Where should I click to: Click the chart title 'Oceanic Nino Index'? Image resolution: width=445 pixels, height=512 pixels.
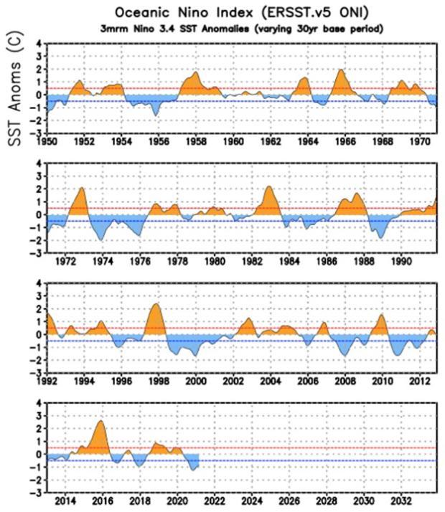click(x=184, y=13)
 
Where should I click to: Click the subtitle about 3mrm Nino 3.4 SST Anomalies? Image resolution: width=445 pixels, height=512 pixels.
click(x=242, y=29)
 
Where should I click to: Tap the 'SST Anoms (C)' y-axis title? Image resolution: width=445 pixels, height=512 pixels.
click(x=14, y=88)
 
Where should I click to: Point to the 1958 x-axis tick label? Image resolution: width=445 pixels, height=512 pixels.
click(x=196, y=142)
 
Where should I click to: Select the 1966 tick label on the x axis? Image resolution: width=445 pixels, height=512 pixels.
click(x=345, y=142)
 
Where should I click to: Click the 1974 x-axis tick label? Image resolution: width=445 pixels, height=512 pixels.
click(x=103, y=262)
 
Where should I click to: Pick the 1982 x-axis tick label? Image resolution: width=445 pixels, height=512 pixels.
click(x=252, y=262)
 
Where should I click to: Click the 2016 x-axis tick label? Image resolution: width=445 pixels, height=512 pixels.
click(x=103, y=501)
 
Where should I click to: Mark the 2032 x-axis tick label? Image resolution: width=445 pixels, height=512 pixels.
click(x=401, y=501)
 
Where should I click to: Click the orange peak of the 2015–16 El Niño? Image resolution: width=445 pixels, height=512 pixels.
click(x=100, y=421)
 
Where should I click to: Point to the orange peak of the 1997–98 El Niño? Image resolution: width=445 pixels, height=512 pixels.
click(x=156, y=304)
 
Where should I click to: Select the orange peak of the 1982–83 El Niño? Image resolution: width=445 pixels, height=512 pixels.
click(x=268, y=186)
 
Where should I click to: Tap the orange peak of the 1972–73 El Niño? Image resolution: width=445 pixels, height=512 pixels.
click(x=82, y=188)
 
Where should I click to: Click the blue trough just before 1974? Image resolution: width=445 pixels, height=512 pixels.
click(x=101, y=240)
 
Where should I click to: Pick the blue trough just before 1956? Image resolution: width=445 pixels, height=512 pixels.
click(x=156, y=115)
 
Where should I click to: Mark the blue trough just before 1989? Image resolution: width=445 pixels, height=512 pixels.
click(x=380, y=237)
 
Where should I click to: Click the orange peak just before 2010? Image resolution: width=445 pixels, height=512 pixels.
click(x=381, y=315)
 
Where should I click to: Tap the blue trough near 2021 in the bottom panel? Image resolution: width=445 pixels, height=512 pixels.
click(x=193, y=470)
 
